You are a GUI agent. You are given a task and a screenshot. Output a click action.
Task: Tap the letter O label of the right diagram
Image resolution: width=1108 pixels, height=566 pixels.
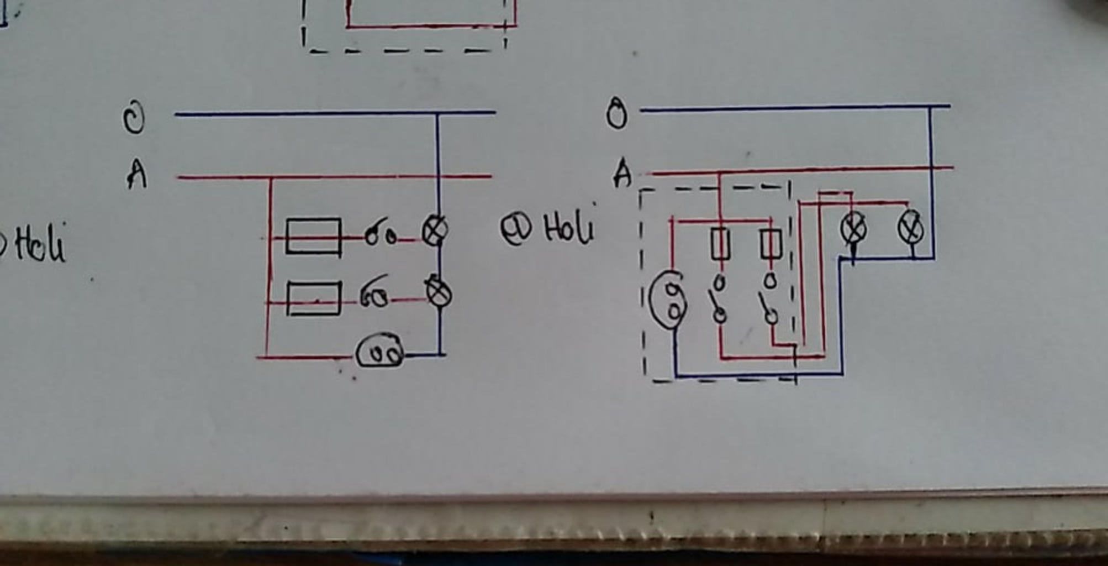point(617,115)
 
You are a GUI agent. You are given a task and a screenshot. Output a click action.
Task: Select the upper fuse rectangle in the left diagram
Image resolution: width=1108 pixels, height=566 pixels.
point(313,237)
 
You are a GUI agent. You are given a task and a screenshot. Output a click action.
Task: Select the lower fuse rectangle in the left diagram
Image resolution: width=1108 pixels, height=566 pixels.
point(313,298)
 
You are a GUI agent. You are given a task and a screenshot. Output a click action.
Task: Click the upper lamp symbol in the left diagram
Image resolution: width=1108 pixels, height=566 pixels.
point(435,230)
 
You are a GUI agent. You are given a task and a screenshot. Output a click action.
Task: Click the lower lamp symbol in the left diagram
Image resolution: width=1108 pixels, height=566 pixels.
point(439,293)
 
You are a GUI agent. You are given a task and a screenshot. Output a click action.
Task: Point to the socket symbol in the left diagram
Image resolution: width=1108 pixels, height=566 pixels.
point(379,352)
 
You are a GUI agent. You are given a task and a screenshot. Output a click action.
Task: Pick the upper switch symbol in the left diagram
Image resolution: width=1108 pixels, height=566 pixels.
point(380,236)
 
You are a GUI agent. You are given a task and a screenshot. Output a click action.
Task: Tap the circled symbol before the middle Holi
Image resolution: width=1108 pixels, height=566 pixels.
point(516,229)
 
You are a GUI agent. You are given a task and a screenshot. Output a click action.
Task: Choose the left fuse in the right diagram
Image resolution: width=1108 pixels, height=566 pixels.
point(720,243)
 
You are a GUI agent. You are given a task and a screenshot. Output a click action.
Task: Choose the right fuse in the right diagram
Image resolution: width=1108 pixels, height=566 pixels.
point(771,243)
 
